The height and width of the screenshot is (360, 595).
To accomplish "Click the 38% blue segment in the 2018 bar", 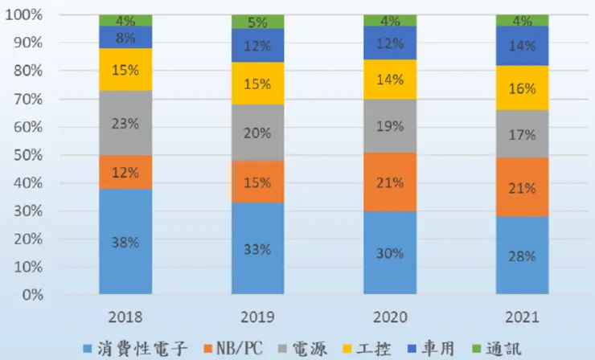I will point(125,241).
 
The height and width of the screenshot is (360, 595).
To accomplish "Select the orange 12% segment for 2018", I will point(125,172).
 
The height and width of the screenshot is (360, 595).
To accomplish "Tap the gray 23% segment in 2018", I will point(125,124).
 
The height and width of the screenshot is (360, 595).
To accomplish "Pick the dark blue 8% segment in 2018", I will point(125,37).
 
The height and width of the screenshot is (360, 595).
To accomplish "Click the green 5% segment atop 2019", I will point(257,22).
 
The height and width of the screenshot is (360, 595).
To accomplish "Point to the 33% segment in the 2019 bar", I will point(257,247).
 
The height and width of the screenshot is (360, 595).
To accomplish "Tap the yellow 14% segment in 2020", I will point(390,80).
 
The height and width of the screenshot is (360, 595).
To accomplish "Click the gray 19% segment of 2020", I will point(390,126).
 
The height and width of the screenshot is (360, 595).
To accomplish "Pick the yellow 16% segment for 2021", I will point(522,88).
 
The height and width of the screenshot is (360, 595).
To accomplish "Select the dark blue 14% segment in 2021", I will point(522,46).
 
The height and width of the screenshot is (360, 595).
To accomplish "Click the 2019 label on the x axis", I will point(257,314).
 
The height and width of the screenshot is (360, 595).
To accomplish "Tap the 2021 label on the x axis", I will point(522,314).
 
